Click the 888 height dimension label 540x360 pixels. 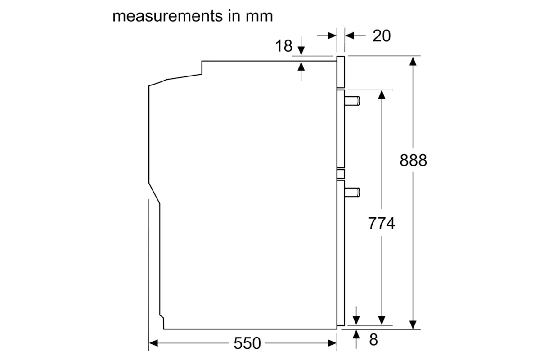point(413,160)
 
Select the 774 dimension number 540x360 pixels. point(382,223)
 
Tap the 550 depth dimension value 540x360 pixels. point(247,343)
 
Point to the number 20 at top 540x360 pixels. point(382,36)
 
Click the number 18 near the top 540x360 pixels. point(284,46)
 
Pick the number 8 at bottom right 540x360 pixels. point(373,339)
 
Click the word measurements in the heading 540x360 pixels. point(167,16)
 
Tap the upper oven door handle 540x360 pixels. point(352,101)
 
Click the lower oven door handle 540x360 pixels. point(352,192)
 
